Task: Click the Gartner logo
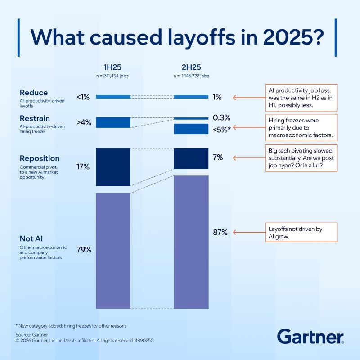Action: pos(310,336)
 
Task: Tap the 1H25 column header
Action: pos(112,67)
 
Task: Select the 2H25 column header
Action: pos(191,67)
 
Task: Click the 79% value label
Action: pos(84,250)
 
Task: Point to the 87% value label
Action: pos(220,232)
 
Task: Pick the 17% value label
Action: pos(83,166)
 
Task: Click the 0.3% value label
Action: pos(221,117)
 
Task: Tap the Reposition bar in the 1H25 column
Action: pos(113,167)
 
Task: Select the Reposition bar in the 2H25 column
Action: pos(191,159)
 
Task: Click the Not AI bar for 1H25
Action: pos(113,251)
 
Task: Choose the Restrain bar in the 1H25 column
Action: pos(113,122)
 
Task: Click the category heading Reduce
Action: pos(34,93)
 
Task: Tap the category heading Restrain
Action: pos(35,118)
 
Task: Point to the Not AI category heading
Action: pos(31,238)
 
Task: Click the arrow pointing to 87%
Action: pos(249,232)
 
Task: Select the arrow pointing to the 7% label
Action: pos(249,158)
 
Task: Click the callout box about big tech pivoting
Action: pos(301,158)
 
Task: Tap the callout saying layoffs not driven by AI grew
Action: pos(301,232)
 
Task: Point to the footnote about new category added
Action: pos(71,326)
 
